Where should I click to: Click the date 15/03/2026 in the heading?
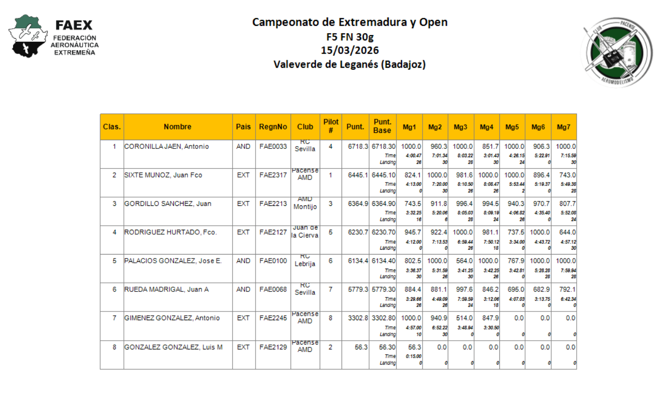[x=350, y=50]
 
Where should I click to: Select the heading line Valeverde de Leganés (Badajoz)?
[x=350, y=64]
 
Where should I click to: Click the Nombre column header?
[x=177, y=127]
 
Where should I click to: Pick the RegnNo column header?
[x=273, y=127]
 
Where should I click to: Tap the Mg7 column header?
[x=563, y=127]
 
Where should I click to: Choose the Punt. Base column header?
[x=382, y=127]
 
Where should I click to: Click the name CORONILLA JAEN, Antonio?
[x=167, y=146]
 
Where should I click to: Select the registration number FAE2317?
[x=273, y=175]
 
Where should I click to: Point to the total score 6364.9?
[x=358, y=204]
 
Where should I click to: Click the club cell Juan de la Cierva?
[x=305, y=232]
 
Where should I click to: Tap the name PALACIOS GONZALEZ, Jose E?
[x=173, y=261]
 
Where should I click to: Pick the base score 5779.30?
[x=383, y=290]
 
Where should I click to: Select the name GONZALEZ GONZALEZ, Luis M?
[x=173, y=347]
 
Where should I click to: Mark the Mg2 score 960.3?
[x=439, y=146]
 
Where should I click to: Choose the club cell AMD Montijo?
[x=305, y=203]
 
